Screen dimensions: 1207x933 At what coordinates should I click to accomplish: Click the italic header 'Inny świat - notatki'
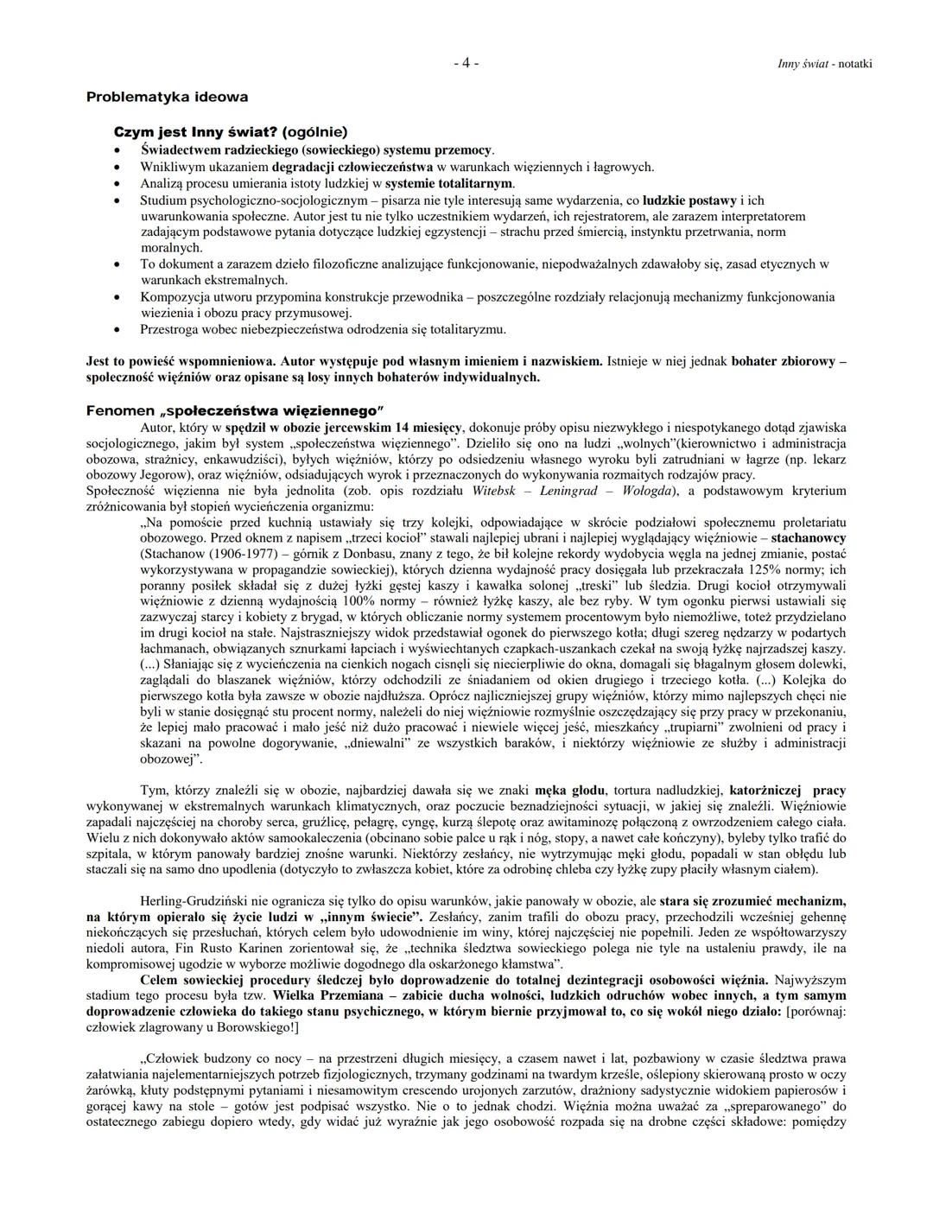(824, 64)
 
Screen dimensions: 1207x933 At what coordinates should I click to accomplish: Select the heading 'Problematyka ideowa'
(167, 97)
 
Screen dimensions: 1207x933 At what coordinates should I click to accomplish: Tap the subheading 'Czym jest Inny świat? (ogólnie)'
(231, 132)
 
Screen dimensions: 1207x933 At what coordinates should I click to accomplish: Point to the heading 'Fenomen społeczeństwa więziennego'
(234, 410)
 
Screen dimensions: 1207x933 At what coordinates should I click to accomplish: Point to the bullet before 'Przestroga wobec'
(118, 329)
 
